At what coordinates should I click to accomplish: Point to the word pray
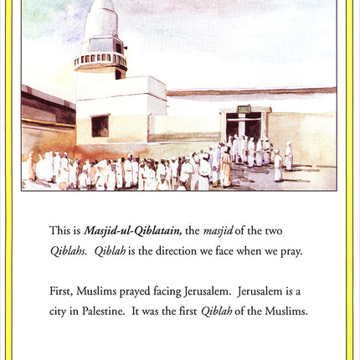[289, 250]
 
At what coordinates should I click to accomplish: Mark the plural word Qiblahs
[69, 250]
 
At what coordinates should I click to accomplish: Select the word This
[59, 230]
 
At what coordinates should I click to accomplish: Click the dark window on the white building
[100, 126]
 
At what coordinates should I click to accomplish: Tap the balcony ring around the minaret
[100, 60]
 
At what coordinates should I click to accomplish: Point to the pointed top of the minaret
[101, 7]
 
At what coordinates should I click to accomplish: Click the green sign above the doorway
[244, 110]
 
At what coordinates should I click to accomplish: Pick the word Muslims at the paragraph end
[283, 311]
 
